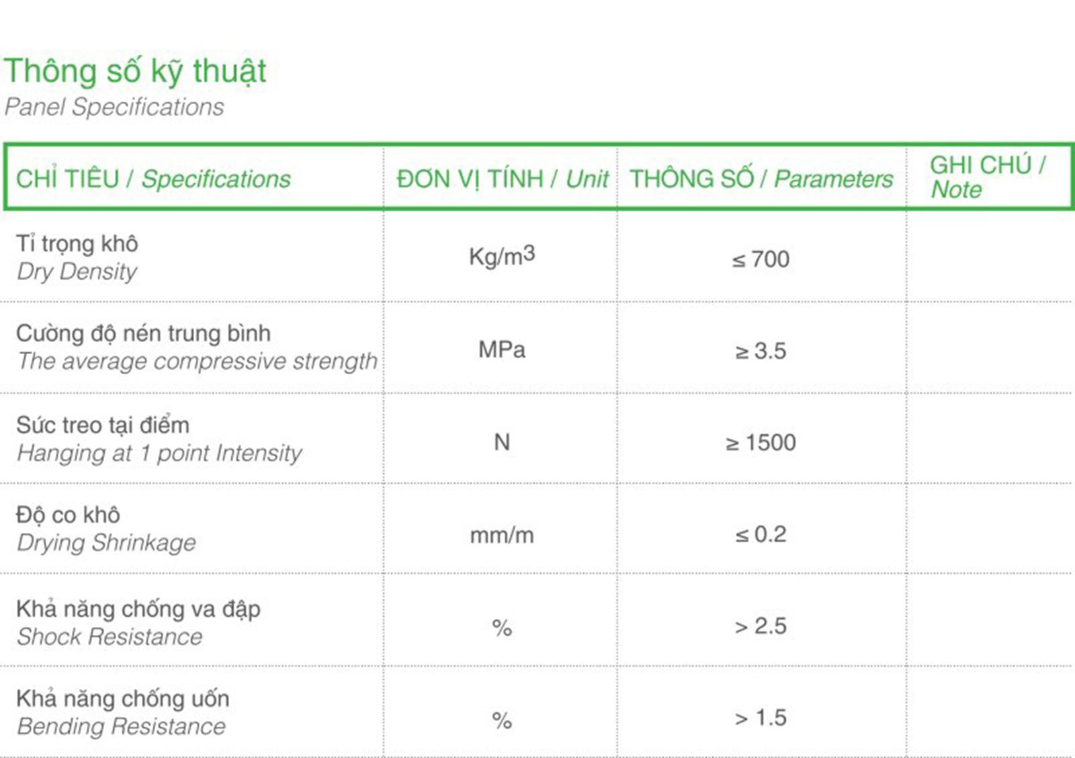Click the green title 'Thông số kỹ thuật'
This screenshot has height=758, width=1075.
pyautogui.click(x=135, y=72)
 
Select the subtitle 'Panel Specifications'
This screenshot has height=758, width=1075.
pyautogui.click(x=114, y=107)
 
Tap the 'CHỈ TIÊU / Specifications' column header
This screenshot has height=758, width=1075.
pyautogui.click(x=153, y=179)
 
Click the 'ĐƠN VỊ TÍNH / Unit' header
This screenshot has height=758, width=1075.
pyautogui.click(x=503, y=179)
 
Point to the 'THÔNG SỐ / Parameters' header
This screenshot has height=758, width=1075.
pyautogui.click(x=762, y=179)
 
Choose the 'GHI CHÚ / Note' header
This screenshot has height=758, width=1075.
pyautogui.click(x=988, y=177)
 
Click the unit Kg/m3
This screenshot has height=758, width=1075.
pyautogui.click(x=502, y=256)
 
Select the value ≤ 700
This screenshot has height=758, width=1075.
pyautogui.click(x=761, y=259)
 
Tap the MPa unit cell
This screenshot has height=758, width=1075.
pyautogui.click(x=502, y=349)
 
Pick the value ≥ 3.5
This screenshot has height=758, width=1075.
pyautogui.click(x=761, y=351)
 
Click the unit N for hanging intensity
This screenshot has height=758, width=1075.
pyautogui.click(x=502, y=441)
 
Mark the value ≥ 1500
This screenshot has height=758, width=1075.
pyautogui.click(x=761, y=442)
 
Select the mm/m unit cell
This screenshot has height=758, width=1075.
pyautogui.click(x=502, y=535)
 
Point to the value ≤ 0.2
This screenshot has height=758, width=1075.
pyautogui.click(x=761, y=534)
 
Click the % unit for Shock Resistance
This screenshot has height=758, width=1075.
pyautogui.click(x=502, y=628)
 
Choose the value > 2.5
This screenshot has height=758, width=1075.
pyautogui.click(x=761, y=626)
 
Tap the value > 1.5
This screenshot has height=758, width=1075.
pyautogui.click(x=761, y=718)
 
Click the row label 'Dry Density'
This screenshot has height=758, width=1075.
pyautogui.click(x=77, y=272)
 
